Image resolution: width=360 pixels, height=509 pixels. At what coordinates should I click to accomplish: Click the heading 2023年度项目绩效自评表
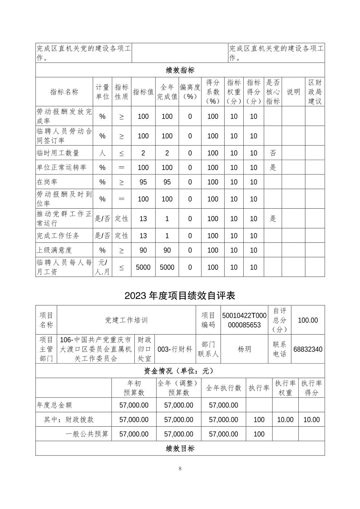pyautogui.click(x=180, y=295)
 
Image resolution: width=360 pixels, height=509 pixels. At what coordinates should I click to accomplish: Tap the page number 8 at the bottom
pyautogui.click(x=180, y=468)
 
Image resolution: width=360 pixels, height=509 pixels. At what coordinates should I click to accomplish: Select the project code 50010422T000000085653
pyautogui.click(x=244, y=320)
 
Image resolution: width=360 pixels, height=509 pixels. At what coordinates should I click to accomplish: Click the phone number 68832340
pyautogui.click(x=308, y=349)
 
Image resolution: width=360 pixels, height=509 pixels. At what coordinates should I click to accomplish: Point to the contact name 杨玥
pyautogui.click(x=244, y=349)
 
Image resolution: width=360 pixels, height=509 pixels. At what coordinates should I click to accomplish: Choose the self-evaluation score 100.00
pyautogui.click(x=308, y=320)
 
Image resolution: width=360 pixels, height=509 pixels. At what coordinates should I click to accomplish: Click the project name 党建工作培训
pyautogui.click(x=126, y=320)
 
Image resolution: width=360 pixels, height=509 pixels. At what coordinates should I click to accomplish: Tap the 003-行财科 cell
pyautogui.click(x=175, y=349)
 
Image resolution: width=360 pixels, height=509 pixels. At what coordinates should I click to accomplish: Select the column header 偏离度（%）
pyautogui.click(x=190, y=92)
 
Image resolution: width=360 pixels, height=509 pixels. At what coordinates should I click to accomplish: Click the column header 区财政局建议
pyautogui.click(x=315, y=92)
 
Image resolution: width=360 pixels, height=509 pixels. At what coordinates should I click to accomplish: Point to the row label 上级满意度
pyautogui.click(x=54, y=250)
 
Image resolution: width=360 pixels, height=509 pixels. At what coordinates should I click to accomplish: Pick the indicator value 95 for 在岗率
pyautogui.click(x=143, y=182)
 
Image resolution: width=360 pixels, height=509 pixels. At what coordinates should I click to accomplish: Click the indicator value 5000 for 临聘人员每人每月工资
pyautogui.click(x=143, y=267)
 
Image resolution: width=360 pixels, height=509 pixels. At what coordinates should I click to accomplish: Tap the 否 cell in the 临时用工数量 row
pyautogui.click(x=273, y=153)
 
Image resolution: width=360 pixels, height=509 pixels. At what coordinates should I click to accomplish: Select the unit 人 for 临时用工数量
pyautogui.click(x=102, y=153)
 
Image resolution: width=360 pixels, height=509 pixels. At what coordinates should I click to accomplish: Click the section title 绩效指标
pyautogui.click(x=180, y=70)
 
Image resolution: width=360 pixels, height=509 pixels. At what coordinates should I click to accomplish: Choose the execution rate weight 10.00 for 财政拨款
pyautogui.click(x=285, y=420)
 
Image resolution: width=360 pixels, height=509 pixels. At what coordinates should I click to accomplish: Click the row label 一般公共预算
pyautogui.click(x=87, y=434)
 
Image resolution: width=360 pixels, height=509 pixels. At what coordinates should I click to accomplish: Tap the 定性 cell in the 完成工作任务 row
pyautogui.click(x=121, y=236)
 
